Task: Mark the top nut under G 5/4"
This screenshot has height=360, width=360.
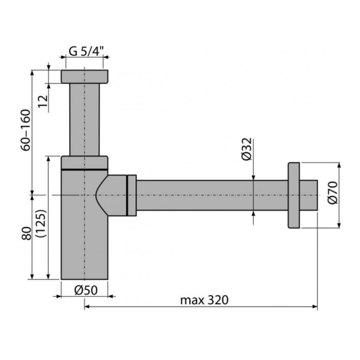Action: tap(84, 76)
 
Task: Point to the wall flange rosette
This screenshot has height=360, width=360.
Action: tap(295, 194)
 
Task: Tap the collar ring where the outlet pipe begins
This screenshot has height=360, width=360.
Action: tap(131, 195)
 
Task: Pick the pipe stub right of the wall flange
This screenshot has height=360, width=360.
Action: tap(309, 195)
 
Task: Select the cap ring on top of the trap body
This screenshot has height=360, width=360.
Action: tap(85, 162)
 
